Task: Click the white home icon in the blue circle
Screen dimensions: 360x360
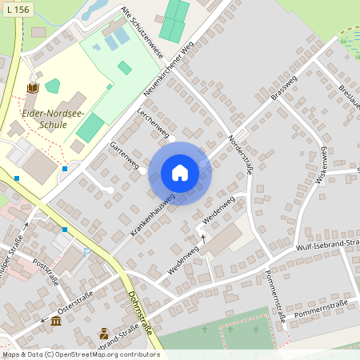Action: click(180, 173)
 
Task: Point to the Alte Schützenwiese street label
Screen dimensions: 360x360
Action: click(142, 33)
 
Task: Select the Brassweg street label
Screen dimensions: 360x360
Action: click(284, 100)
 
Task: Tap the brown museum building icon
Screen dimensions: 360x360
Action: click(56, 321)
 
